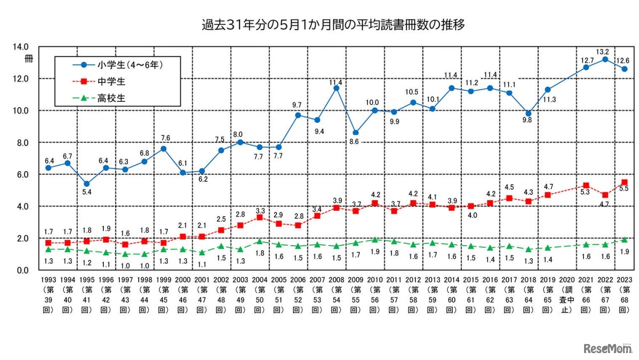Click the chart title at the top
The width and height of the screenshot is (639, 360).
tap(319, 24)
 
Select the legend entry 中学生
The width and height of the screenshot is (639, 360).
tap(111, 81)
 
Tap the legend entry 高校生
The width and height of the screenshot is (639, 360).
tap(111, 98)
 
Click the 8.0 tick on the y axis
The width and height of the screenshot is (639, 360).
tap(22, 142)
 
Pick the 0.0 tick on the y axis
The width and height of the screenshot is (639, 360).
tap(22, 270)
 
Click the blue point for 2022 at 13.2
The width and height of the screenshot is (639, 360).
tap(605, 59)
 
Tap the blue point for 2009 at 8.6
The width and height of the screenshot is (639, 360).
tap(355, 133)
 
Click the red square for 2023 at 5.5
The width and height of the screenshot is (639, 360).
tap(624, 182)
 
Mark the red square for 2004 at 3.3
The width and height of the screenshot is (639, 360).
tap(259, 217)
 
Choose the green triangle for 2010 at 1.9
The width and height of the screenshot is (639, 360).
tap(374, 240)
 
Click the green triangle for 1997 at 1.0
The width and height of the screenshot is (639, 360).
tap(125, 254)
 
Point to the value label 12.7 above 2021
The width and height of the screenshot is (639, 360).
tap(586, 59)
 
